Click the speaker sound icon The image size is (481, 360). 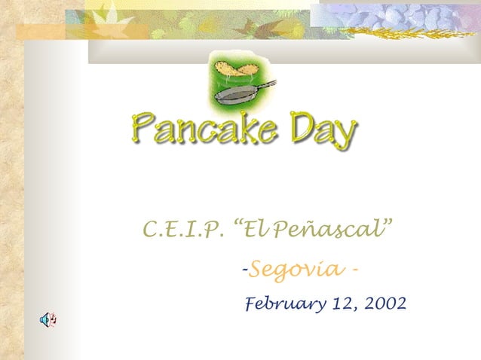(x=48, y=319)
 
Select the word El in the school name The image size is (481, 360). (x=257, y=228)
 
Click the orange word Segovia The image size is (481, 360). (x=294, y=269)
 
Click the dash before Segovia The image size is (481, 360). (x=244, y=269)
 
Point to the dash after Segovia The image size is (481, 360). (x=354, y=269)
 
